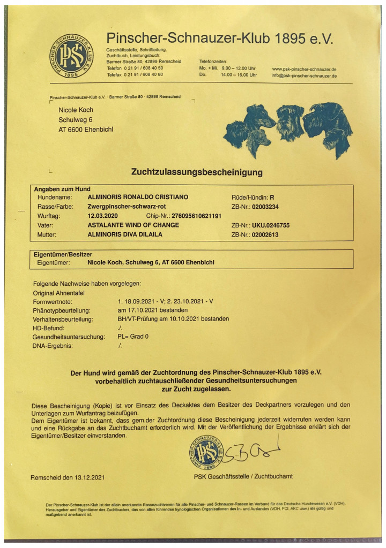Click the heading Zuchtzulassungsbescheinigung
tap(197, 172)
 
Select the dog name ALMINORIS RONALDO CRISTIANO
tap(137, 197)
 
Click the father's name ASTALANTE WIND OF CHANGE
tap(133, 225)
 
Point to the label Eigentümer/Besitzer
tap(63, 254)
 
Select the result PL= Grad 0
tap(132, 337)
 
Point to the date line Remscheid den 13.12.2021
tap(68, 477)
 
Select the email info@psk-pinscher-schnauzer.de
tap(304, 76)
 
